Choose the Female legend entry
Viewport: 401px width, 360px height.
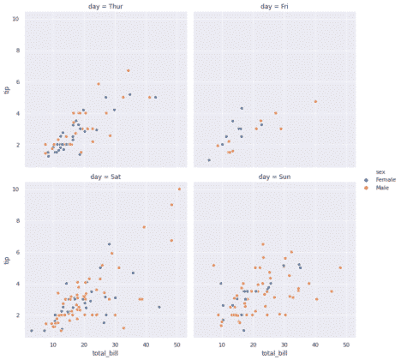click(x=382, y=180)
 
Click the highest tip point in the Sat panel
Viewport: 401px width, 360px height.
click(x=179, y=189)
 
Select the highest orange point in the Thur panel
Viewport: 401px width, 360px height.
click(x=129, y=70)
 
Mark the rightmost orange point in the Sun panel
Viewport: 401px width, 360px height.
click(x=340, y=267)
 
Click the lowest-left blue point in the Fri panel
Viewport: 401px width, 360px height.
click(x=209, y=160)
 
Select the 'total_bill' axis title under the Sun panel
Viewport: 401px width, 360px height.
click(x=275, y=352)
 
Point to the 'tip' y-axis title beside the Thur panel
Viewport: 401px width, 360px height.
click(x=7, y=89)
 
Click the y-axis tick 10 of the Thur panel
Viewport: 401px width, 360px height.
click(x=15, y=18)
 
